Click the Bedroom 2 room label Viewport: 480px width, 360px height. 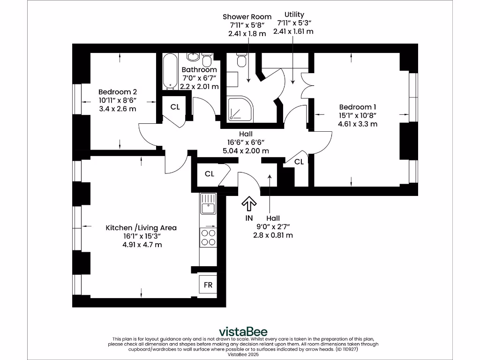pos(118,92)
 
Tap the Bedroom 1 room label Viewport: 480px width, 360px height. pos(358,107)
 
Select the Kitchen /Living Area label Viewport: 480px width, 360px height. pos(141,228)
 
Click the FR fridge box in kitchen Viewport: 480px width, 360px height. pos(208,285)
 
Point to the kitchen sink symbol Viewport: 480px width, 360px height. pos(208,205)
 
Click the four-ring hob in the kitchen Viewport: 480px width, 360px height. pos(208,237)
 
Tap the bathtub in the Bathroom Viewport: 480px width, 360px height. pos(170,71)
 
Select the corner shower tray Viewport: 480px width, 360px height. pos(239,109)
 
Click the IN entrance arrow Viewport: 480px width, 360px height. pos(249,204)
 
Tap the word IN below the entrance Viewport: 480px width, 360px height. pos(249,218)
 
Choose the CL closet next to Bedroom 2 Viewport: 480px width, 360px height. pos(175,107)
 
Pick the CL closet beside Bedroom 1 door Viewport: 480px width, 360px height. pos(299,162)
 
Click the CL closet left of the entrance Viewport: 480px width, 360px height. pos(210,174)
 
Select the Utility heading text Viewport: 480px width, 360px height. pos(294,15)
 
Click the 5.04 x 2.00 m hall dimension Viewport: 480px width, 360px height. pos(246,151)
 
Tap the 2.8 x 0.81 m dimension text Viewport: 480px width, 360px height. pos(273,235)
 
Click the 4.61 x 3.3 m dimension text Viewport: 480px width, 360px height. pos(358,124)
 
